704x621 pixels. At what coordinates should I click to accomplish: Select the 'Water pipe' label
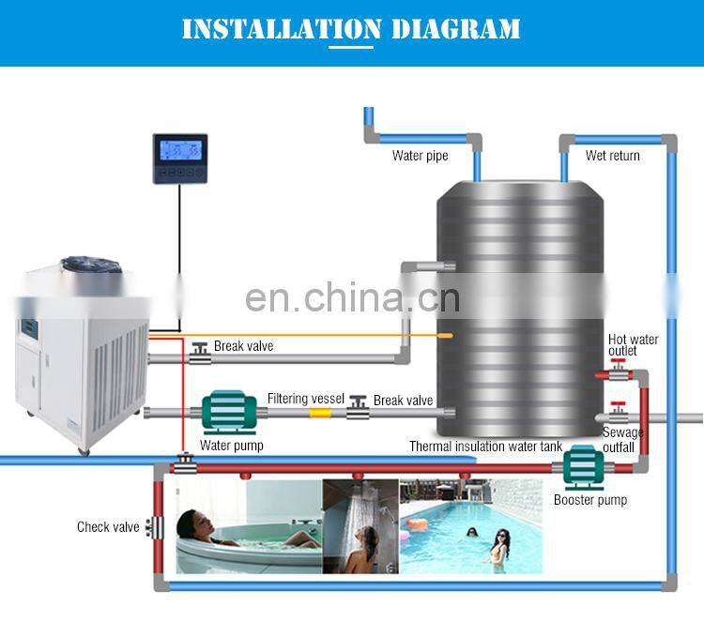(420, 156)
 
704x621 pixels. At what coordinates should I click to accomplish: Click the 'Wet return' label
(612, 156)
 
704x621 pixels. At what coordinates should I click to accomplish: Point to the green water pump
(230, 411)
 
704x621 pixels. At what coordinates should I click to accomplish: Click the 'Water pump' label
(231, 446)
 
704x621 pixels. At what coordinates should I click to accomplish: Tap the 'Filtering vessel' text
(306, 399)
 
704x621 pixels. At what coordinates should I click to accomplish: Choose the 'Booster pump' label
(589, 500)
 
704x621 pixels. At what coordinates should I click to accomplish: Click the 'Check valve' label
(108, 527)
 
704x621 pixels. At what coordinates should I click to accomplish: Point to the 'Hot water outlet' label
(633, 345)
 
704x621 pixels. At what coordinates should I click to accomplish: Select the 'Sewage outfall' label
(623, 439)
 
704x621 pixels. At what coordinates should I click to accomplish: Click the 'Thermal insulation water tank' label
(485, 447)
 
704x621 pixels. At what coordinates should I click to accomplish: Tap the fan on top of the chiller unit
(90, 268)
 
